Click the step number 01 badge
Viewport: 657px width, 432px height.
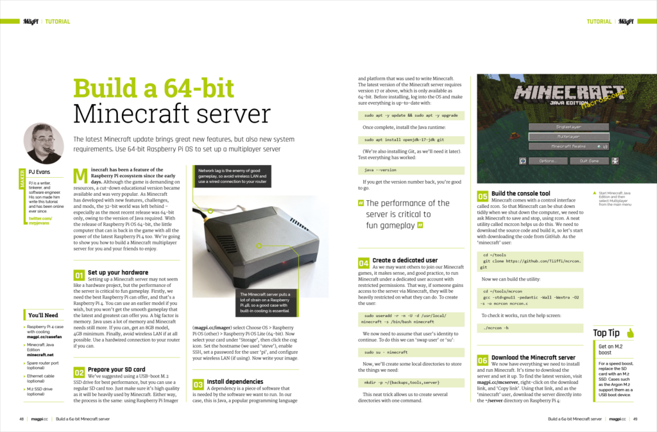(x=78, y=276)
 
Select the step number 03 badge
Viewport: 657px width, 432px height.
(x=198, y=384)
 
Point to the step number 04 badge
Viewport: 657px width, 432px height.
(x=363, y=263)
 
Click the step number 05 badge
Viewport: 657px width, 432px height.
(x=482, y=196)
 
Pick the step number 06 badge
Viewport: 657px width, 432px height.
(x=482, y=361)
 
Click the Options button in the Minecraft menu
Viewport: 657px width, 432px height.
(x=547, y=160)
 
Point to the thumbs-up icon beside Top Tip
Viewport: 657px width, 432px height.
(x=631, y=333)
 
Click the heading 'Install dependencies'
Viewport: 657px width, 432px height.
(x=235, y=381)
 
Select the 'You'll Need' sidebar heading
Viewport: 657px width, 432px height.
(x=43, y=315)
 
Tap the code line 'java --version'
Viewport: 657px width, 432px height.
(x=378, y=170)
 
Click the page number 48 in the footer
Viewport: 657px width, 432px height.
(x=22, y=419)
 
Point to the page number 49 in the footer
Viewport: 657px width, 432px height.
(x=635, y=419)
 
